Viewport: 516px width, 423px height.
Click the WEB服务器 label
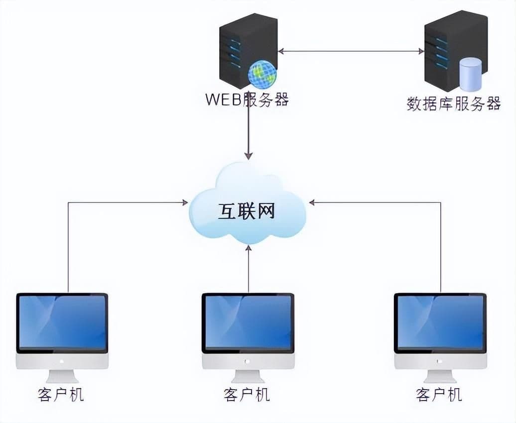pos(247,99)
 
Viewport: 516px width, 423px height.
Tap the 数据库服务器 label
pos(453,104)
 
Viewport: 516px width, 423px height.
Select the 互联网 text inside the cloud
pos(247,212)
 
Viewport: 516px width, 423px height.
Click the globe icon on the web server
pos(262,75)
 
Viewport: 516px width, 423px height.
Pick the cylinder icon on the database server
pos(470,74)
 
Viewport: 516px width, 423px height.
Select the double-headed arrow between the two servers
pos(351,51)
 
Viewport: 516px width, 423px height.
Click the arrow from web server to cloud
pos(249,134)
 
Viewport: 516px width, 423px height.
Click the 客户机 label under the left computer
pos(61,395)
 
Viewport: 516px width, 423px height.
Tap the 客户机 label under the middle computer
pos(247,395)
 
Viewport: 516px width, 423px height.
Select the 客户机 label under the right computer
pos(439,395)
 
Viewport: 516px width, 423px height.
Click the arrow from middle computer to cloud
pos(249,269)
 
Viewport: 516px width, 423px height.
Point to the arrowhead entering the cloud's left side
pos(184,203)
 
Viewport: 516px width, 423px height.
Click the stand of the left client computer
pos(62,376)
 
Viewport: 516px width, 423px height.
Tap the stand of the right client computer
pos(440,376)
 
